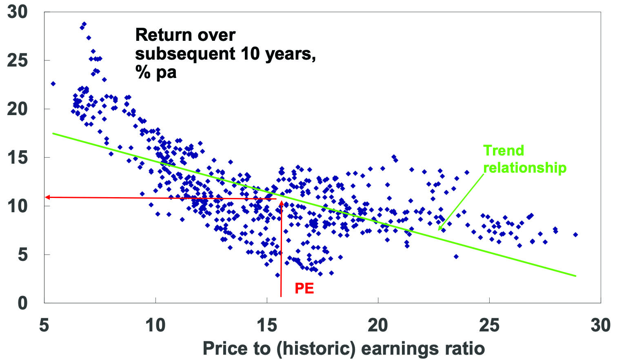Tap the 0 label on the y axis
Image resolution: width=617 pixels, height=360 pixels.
pyautogui.click(x=22, y=303)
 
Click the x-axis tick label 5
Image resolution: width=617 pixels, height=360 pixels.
pyautogui.click(x=44, y=325)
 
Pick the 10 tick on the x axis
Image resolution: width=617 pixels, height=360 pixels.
pyautogui.click(x=155, y=325)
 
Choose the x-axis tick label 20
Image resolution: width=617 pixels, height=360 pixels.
pyautogui.click(x=378, y=325)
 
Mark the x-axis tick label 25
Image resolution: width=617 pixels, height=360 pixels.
pyautogui.click(x=489, y=325)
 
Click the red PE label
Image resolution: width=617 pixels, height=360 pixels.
pyautogui.click(x=304, y=289)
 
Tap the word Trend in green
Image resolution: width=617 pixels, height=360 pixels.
pyautogui.click(x=504, y=151)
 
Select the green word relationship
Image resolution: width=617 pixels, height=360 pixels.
pyautogui.click(x=525, y=168)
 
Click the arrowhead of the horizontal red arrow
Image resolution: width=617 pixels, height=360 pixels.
pyautogui.click(x=47, y=197)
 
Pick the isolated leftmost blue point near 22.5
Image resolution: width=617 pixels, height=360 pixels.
pyautogui.click(x=53, y=84)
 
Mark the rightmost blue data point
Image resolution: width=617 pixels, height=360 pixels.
pyautogui.click(x=575, y=235)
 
